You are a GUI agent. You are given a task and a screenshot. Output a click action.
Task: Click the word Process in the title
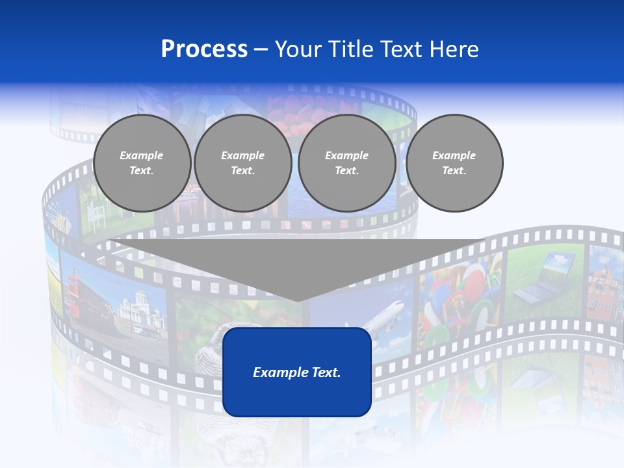[x=204, y=49]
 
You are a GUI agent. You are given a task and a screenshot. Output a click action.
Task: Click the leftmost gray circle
[x=142, y=162]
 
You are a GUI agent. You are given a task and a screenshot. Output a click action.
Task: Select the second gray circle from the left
[x=242, y=162]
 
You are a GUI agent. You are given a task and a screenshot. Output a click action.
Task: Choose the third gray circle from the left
[x=346, y=162]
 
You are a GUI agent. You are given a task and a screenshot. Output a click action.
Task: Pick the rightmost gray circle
[x=454, y=162]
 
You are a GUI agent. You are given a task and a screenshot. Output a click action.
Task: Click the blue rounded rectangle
[x=296, y=390]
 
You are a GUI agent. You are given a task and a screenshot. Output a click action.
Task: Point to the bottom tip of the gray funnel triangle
[x=298, y=300]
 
